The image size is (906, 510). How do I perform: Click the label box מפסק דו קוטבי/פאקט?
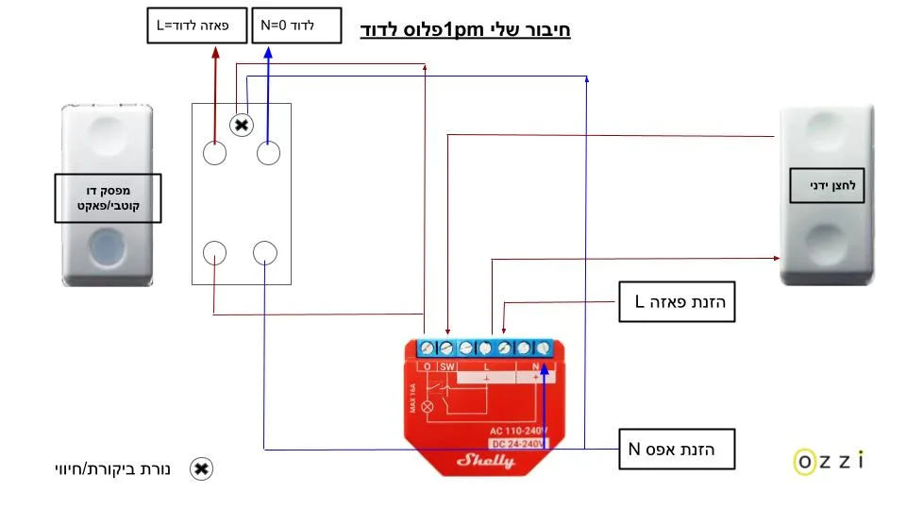coord(107,198)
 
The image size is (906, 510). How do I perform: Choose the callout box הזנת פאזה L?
coord(676,302)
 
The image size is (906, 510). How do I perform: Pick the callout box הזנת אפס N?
coord(676,449)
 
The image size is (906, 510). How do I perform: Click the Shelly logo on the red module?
coord(486,460)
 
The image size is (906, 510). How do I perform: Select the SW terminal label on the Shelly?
coord(447,366)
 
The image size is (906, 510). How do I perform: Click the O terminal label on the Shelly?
coord(427,366)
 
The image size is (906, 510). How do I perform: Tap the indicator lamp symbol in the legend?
coord(201,468)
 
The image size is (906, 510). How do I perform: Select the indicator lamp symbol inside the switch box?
coord(243,125)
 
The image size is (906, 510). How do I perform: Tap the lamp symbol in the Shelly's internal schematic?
coord(427,407)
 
